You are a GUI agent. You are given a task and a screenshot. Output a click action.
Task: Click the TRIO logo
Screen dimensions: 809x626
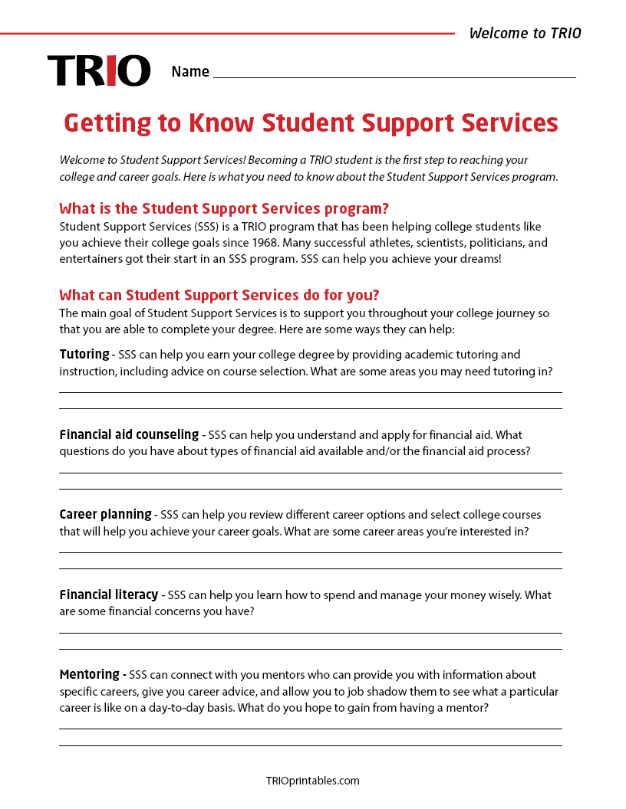tap(99, 70)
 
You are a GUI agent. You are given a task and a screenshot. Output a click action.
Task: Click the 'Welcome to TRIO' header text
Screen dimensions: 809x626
tap(525, 33)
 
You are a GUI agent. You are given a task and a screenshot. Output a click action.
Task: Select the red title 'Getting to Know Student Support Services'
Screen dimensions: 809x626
tap(311, 123)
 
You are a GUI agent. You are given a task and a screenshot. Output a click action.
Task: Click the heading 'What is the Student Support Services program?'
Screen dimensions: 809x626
tap(224, 208)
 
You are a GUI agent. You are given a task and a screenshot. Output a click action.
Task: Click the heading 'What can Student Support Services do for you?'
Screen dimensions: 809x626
tap(219, 295)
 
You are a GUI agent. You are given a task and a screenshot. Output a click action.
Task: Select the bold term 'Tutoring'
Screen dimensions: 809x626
tap(84, 354)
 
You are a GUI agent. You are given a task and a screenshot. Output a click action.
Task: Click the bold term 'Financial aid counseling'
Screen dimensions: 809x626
tap(129, 434)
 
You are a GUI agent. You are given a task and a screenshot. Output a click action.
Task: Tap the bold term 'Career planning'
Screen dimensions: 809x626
tap(105, 514)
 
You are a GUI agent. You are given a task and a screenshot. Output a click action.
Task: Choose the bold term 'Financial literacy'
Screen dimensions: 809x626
tap(109, 594)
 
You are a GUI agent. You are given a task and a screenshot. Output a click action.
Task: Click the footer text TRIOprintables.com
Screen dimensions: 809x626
tap(312, 781)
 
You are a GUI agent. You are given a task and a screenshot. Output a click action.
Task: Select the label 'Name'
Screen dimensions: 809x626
tap(190, 72)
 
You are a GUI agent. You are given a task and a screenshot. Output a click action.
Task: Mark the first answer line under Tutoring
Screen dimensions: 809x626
tap(311, 392)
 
